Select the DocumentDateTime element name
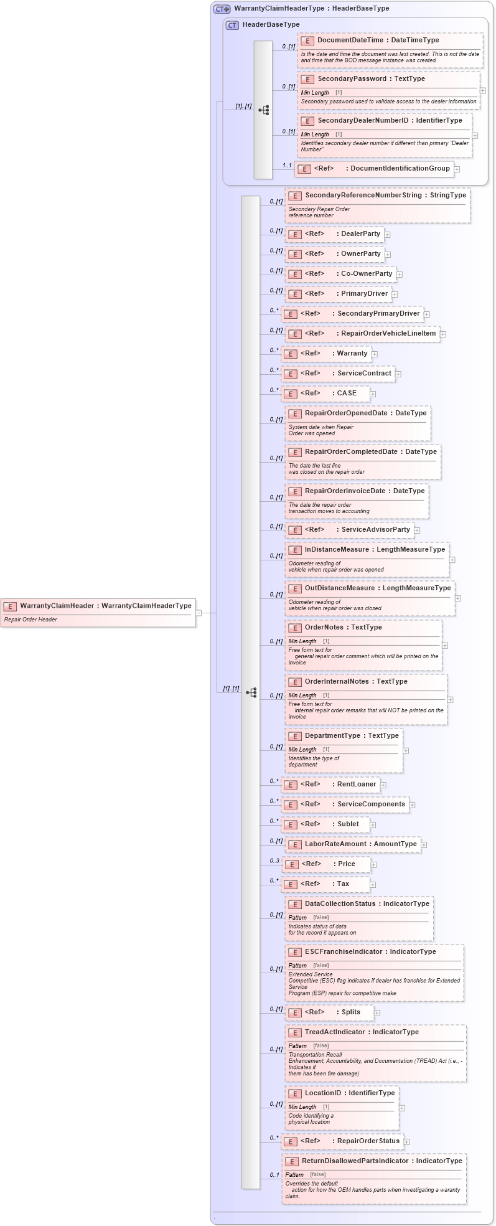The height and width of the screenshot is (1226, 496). click(x=350, y=40)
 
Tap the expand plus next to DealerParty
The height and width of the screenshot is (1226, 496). click(x=387, y=235)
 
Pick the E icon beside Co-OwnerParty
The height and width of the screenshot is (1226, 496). click(x=295, y=274)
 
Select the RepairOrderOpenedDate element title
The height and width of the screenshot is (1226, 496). click(x=345, y=413)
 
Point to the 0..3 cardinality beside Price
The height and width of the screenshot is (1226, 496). click(x=274, y=861)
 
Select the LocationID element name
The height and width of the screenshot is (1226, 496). click(x=323, y=1093)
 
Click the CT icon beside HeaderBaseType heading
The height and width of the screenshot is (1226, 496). click(x=232, y=25)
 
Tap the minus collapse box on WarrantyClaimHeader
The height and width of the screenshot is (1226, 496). click(x=199, y=613)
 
